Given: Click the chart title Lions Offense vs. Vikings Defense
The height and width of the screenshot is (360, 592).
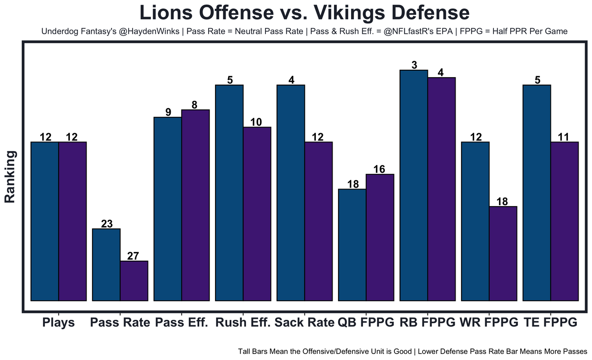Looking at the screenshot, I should click(x=304, y=12).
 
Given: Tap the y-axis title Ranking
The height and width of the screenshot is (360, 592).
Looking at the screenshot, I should click(x=10, y=177).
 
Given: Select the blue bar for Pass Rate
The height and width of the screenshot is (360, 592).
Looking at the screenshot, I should click(x=106, y=264).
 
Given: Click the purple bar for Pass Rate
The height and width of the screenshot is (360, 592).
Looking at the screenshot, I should click(x=134, y=281).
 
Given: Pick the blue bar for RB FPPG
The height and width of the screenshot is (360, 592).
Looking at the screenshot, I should click(x=414, y=185).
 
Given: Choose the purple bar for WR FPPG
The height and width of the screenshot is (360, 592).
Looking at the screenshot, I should click(x=503, y=253).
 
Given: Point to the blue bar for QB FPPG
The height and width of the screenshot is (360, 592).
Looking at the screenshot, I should click(x=352, y=244).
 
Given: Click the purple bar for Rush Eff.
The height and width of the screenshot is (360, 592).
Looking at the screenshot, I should click(x=257, y=214).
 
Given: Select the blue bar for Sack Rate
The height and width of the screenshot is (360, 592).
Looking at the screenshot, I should click(x=291, y=193).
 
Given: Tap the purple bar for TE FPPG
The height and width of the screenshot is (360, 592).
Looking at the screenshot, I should click(x=565, y=221).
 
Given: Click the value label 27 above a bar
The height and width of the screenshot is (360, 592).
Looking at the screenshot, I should click(x=133, y=256).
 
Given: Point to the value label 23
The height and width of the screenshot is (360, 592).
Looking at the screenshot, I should click(x=106, y=224).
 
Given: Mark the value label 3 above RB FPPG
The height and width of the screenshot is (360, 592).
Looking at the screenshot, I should click(x=414, y=65).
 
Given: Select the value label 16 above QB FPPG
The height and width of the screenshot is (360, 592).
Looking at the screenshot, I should click(x=379, y=169).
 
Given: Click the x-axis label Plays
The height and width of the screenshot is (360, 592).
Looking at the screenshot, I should click(x=58, y=322).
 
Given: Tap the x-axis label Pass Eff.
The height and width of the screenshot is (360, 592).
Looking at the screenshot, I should click(x=182, y=322).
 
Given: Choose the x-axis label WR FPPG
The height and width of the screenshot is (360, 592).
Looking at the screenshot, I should click(x=489, y=322).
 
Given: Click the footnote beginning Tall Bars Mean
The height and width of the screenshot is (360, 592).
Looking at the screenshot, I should click(x=413, y=351).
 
